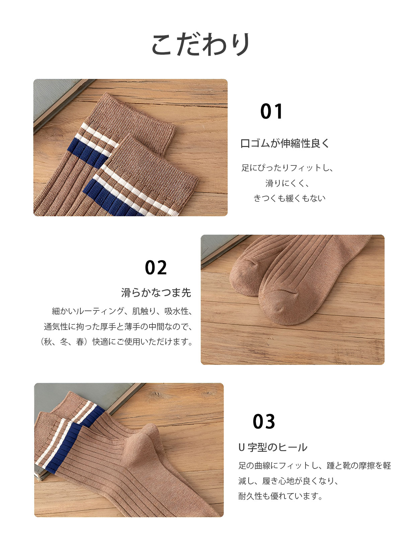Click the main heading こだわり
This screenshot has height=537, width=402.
point(201,44)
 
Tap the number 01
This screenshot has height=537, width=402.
point(271,111)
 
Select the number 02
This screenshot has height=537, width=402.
point(156,267)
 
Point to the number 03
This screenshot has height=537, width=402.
point(264,421)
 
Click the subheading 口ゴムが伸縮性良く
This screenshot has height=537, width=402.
point(285,143)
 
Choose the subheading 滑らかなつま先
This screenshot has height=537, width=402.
point(156,293)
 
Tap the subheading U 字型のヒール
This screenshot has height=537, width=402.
point(273,447)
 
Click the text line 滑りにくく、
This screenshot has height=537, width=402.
point(287,183)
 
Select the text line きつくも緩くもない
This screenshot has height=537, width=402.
point(289,198)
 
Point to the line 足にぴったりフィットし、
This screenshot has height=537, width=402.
point(287,168)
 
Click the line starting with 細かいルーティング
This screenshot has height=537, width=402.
point(122,311)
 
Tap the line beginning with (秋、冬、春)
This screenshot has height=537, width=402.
point(117,342)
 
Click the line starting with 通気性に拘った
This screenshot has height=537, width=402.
point(118,326)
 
